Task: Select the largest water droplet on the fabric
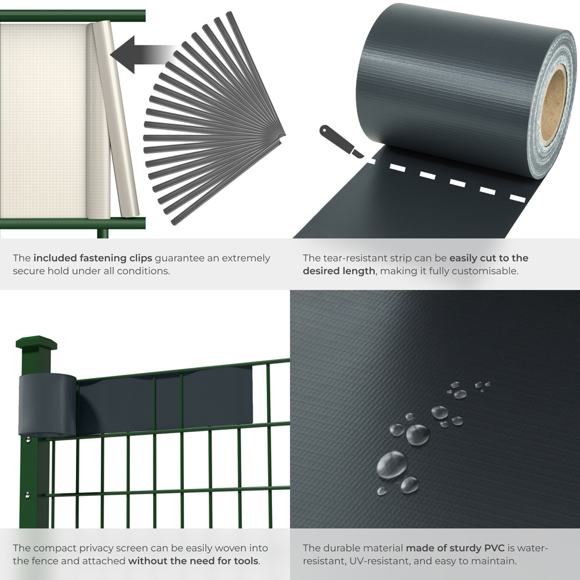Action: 392,464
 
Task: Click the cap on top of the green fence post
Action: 36,343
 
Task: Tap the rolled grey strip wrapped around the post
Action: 47,405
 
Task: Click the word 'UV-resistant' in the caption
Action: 369,561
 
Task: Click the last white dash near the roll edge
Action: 517,198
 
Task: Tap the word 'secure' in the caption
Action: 30,271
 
